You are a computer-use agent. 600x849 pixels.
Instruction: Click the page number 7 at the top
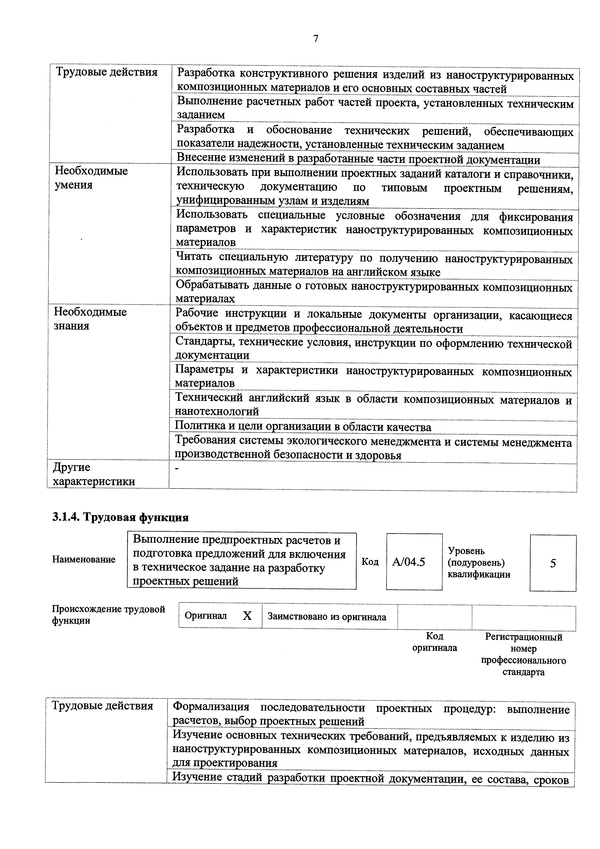[315, 39]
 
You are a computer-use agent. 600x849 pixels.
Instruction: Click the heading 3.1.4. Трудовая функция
[120, 517]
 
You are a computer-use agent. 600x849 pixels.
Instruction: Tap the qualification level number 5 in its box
[553, 563]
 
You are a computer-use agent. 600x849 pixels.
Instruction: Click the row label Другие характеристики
[94, 474]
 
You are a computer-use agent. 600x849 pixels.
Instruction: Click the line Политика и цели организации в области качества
[303, 427]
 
